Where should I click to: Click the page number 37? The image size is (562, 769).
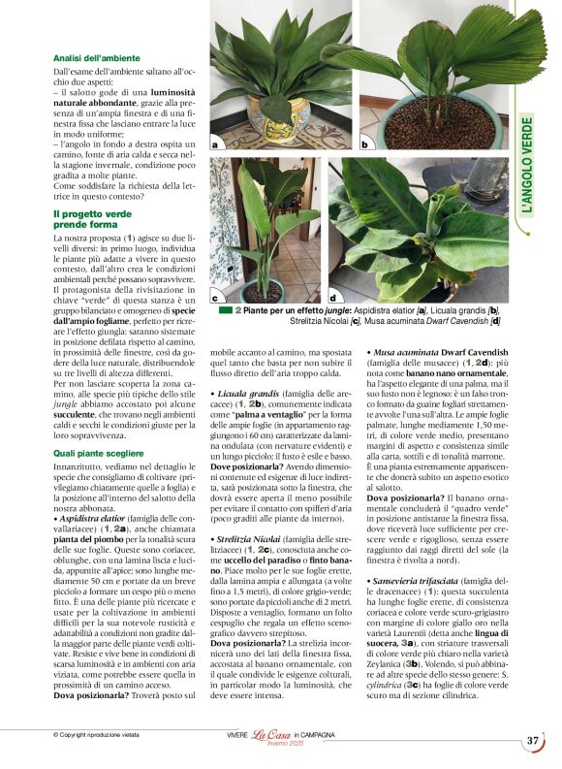pyautogui.click(x=533, y=742)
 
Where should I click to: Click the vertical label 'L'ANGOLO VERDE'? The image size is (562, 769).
pyautogui.click(x=527, y=166)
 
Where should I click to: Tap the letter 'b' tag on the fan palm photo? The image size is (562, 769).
pyautogui.click(x=364, y=144)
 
